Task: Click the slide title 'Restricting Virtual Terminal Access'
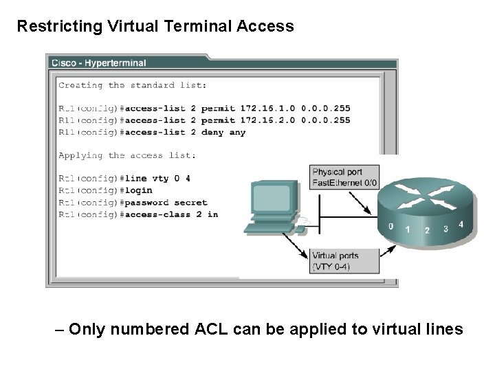pyautogui.click(x=155, y=27)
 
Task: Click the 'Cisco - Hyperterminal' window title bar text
pyautogui.click(x=98, y=63)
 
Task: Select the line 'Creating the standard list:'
pyautogui.click(x=132, y=86)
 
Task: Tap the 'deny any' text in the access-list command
pyautogui.click(x=223, y=133)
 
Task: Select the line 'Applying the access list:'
pyautogui.click(x=126, y=156)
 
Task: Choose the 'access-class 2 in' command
pyautogui.click(x=170, y=214)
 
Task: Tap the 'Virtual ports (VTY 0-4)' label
pyautogui.click(x=335, y=260)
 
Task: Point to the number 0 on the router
pyautogui.click(x=390, y=226)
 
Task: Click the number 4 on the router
pyautogui.click(x=461, y=224)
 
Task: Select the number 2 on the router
pyautogui.click(x=427, y=230)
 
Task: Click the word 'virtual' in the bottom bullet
pyautogui.click(x=393, y=330)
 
